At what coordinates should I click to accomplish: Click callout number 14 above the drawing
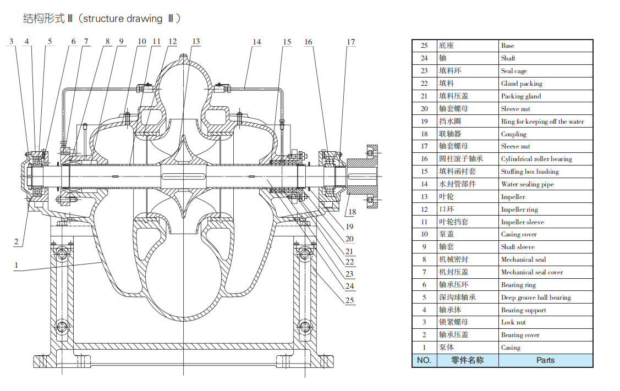pos(257,42)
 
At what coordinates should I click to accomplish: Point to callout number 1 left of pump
pos(17,265)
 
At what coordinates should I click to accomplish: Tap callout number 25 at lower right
pos(350,300)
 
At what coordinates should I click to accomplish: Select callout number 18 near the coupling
pos(353,212)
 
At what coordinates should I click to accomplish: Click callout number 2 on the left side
pos(17,241)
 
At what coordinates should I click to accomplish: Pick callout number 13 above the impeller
pos(196,42)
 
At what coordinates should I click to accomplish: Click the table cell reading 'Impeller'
pos(513,197)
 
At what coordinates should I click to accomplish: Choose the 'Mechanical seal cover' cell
pos(531,272)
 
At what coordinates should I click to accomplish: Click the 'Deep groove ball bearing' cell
pos(536,298)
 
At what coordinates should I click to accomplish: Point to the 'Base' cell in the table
pos(507,46)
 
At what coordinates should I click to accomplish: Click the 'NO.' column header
pos(424,361)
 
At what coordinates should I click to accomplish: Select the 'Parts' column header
pos(545,361)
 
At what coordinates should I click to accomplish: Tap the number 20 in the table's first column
pos(424,109)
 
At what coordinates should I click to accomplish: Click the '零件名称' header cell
pos(467,361)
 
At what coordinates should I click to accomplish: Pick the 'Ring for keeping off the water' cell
pos(542,122)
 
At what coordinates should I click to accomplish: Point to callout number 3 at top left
pos(11,42)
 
